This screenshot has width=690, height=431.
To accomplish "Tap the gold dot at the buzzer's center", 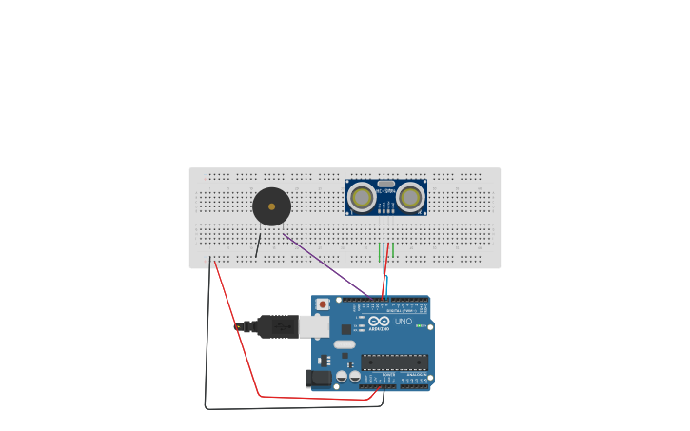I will (271, 206).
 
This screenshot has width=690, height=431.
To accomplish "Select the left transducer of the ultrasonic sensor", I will (361, 197).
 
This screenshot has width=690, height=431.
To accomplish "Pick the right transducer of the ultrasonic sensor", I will (410, 197).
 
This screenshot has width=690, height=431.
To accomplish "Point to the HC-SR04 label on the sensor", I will (385, 191).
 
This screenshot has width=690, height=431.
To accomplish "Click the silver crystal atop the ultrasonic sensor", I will (385, 183).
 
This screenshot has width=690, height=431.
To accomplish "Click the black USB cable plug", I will (276, 326).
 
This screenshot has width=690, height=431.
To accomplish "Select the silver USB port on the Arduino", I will (314, 326).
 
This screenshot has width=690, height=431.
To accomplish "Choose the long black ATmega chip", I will (394, 362).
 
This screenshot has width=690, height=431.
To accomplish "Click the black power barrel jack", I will (321, 378).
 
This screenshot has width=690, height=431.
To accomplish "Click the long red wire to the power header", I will (238, 333).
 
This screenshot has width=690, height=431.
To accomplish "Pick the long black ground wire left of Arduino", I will (207, 343).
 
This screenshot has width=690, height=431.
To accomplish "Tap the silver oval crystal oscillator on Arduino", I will (345, 344).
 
